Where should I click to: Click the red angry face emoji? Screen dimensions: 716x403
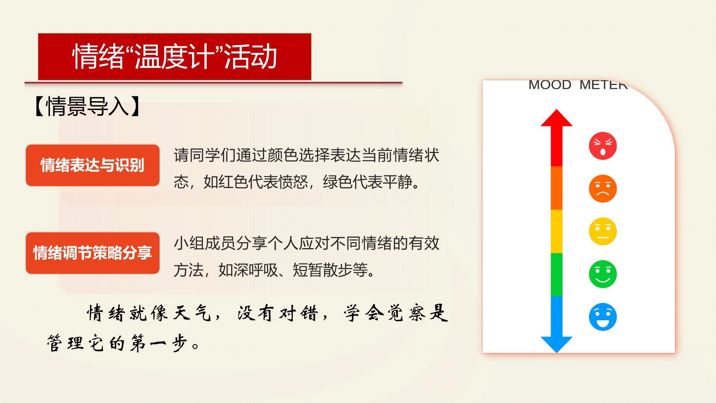pos(603,146)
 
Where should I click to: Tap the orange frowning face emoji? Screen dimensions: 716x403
pos(603,188)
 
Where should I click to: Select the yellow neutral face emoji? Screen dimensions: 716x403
pos(603,231)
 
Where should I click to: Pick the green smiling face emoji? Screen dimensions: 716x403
pos(603,274)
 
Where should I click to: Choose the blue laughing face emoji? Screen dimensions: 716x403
pos(603,317)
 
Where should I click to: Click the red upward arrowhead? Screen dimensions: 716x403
pos(556,118)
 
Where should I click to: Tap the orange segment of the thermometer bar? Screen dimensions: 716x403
pos(556,188)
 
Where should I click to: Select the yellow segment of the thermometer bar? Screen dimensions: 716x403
pos(556,231)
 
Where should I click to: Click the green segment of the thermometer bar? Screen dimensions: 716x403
pos(556,275)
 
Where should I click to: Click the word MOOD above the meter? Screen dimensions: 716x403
pos(550,85)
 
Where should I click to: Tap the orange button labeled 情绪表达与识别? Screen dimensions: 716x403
pos(92,165)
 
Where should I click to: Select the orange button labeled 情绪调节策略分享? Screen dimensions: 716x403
pos(92,253)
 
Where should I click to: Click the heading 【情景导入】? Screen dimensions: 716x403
pos(87,107)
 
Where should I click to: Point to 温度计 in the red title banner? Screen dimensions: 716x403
pos(174,57)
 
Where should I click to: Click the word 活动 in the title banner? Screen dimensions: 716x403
pos(251,57)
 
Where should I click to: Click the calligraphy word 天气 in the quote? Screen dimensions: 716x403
pos(192,313)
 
